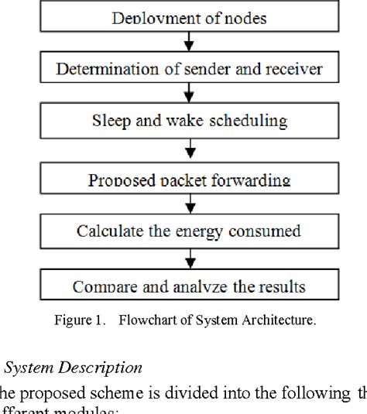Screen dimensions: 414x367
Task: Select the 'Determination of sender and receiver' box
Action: click(190, 70)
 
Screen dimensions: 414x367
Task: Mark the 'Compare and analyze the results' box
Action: click(190, 287)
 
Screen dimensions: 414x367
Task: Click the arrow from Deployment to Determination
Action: click(189, 43)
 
